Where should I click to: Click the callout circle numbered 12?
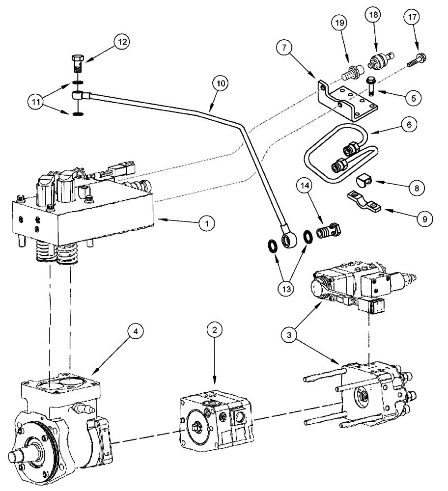pyautogui.click(x=122, y=42)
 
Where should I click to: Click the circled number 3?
pyautogui.click(x=290, y=336)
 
